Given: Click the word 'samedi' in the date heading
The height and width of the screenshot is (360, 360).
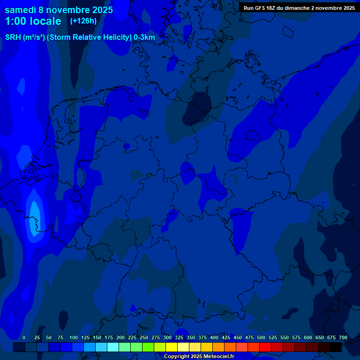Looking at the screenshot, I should pos(20,9).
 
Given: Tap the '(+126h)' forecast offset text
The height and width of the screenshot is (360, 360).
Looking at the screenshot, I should pos(83,21).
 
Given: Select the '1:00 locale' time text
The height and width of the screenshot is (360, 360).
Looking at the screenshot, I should pos(33,21).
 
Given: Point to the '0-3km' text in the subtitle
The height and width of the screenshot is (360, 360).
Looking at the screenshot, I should pos(144,37).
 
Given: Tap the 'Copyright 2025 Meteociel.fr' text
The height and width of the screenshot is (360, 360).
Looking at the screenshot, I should pos(199,357).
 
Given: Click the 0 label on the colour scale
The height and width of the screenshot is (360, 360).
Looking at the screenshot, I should pos(24,337).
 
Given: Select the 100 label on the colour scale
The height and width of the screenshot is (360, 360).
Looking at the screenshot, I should pos(74,337).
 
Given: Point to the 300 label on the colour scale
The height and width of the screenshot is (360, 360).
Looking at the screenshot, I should pos(167,337).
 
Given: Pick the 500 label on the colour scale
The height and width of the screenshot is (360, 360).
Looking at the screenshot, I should pos(261,337).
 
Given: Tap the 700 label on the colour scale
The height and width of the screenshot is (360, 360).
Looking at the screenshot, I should pos(343,337).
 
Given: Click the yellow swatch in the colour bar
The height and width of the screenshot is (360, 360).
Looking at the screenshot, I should pos(172,347).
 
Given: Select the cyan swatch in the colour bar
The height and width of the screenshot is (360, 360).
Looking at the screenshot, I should pos(113,347).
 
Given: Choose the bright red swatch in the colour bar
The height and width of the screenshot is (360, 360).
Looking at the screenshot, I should pos(265,347).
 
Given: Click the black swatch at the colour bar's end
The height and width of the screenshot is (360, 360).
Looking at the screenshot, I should pos(336,347).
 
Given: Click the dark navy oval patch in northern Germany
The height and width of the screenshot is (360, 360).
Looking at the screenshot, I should pos(198,109).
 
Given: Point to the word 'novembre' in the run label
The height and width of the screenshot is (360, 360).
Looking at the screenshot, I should pos(326,8).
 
